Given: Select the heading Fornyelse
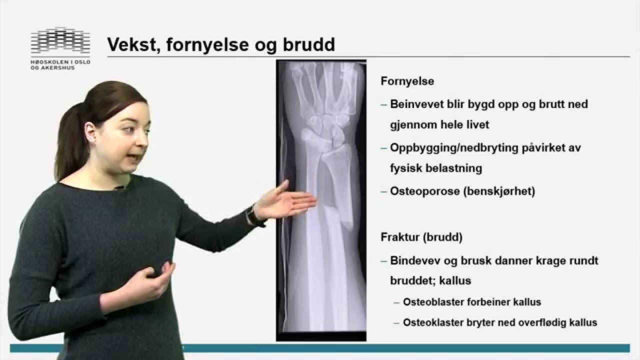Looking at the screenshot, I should click(407, 81).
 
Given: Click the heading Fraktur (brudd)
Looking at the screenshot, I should click(421, 237).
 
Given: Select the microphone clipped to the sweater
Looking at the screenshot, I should click(118, 188).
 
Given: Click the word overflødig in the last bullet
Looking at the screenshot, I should click(547, 322).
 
